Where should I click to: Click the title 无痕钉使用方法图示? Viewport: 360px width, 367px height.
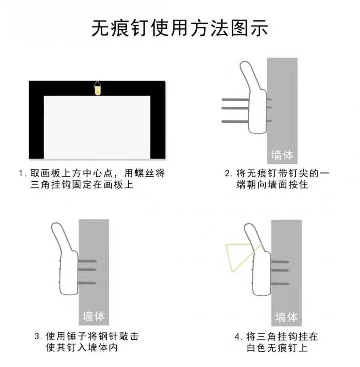coord(180,29)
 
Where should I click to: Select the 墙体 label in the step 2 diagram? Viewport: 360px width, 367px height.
coord(282,155)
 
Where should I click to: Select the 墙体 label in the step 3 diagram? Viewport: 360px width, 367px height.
coord(94,316)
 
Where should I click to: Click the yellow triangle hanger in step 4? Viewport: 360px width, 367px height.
coord(236,257)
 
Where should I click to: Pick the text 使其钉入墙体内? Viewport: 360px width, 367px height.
coord(82,348)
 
